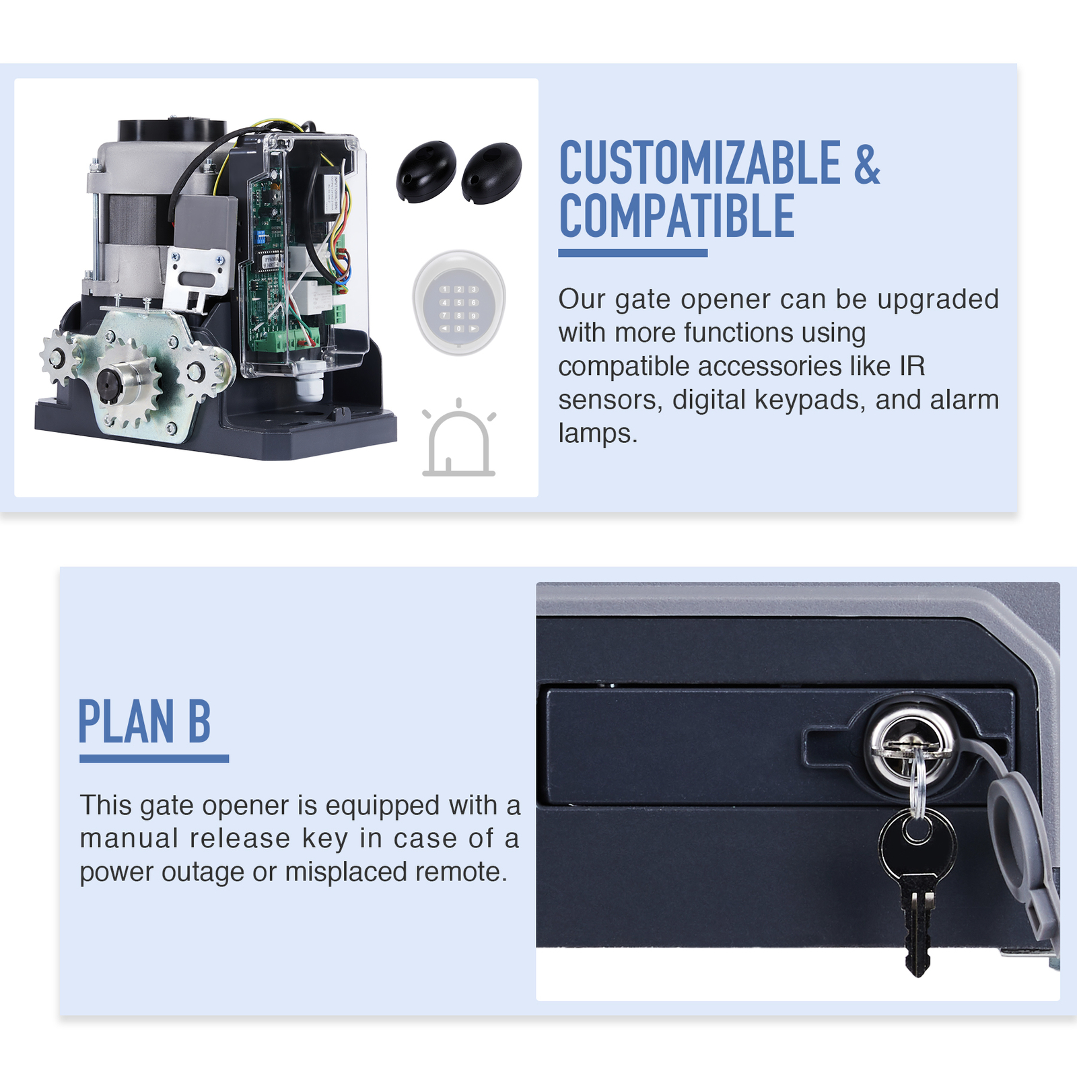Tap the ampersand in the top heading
(867, 164)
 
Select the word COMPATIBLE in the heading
(676, 216)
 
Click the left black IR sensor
(425, 171)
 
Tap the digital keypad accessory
(459, 304)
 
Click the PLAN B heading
(145, 721)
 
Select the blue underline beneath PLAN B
(154, 759)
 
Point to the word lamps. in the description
(597, 433)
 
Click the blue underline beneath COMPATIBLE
(633, 253)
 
